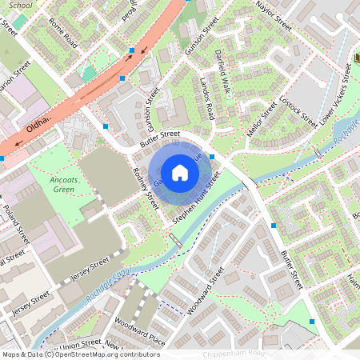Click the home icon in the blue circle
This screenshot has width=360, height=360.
coord(180,172)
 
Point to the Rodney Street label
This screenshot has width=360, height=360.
coord(146,191)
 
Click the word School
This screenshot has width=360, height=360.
coord(22,5)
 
